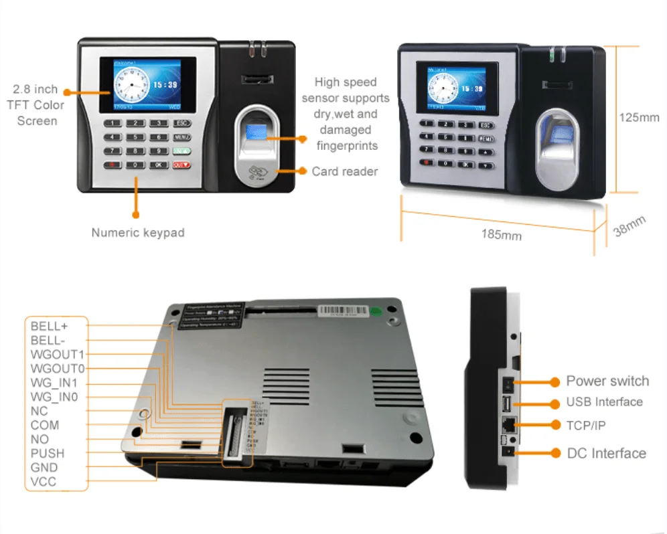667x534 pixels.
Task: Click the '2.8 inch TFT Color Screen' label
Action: click(x=36, y=105)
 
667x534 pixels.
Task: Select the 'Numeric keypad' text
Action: click(x=138, y=233)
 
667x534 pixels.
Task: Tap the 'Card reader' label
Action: click(x=344, y=171)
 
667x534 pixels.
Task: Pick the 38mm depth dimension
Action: click(x=629, y=226)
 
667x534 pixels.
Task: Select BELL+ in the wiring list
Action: click(x=50, y=326)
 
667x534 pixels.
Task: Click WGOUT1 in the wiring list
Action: click(x=58, y=354)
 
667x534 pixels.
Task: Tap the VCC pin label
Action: click(x=44, y=482)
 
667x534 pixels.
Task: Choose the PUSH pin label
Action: click(x=48, y=454)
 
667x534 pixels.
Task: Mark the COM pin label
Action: click(x=45, y=425)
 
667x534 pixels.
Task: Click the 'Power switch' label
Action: click(x=607, y=381)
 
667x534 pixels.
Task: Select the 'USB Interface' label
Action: click(x=604, y=402)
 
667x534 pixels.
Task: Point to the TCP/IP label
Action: click(x=590, y=425)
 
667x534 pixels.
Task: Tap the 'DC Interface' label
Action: click(x=606, y=453)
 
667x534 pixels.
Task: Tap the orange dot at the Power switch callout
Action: click(x=554, y=381)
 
